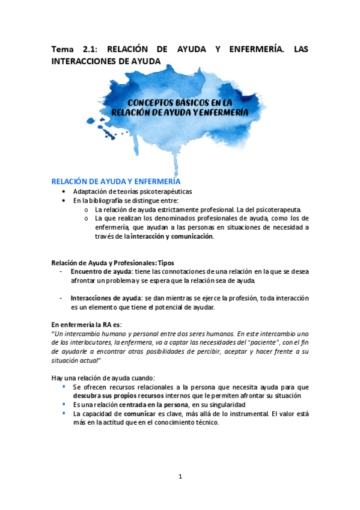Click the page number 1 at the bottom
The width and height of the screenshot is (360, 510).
(x=180, y=477)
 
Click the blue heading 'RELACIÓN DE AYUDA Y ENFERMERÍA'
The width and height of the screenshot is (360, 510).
(x=115, y=181)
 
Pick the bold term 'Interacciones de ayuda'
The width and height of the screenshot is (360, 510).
(x=106, y=298)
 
